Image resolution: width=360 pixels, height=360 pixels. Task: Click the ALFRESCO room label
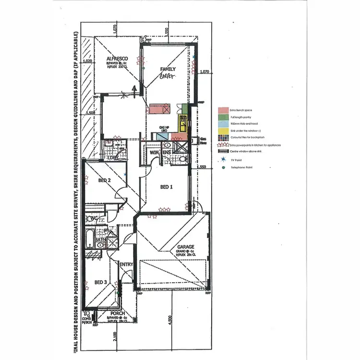click(117, 59)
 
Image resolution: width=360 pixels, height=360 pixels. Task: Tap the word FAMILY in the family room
click(168, 69)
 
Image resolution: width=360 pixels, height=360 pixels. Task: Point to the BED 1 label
click(166, 187)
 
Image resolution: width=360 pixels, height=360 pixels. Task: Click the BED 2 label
click(105, 180)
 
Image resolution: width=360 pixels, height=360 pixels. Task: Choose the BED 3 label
click(101, 282)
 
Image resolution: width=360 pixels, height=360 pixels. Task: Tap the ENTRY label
click(126, 264)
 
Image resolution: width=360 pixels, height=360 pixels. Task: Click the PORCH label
click(118, 313)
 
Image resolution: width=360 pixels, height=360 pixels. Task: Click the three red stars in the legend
click(223, 144)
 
